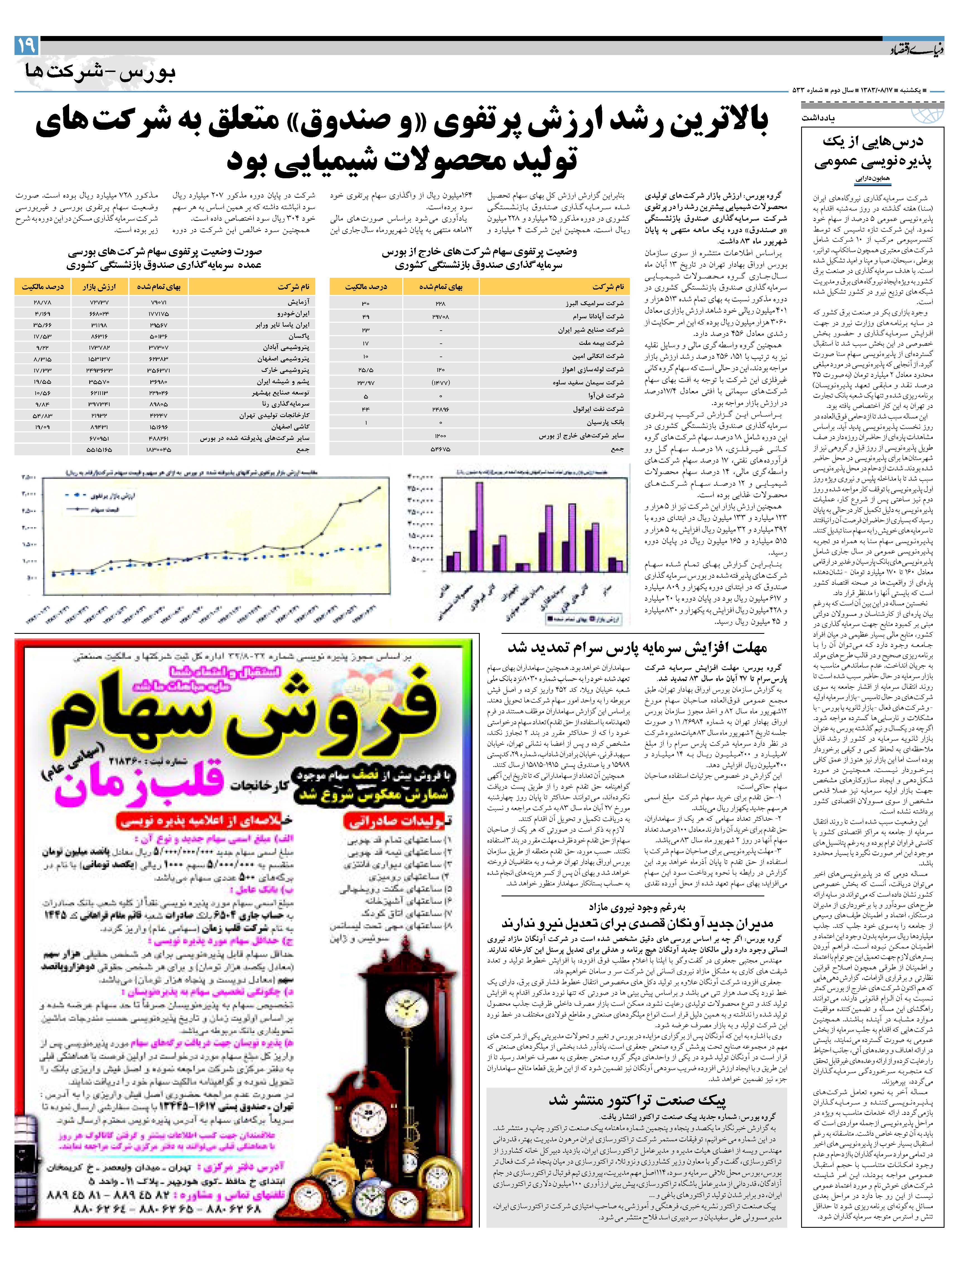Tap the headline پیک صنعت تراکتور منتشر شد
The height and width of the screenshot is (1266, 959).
click(x=637, y=1100)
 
